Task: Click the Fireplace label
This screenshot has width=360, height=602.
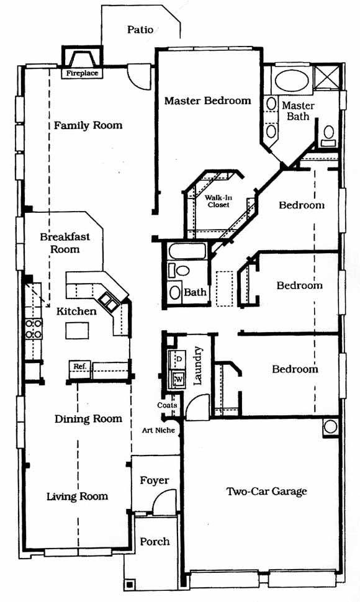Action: pos(82,73)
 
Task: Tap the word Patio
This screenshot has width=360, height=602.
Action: pos(140,30)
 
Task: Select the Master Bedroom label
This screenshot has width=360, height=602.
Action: pos(208,101)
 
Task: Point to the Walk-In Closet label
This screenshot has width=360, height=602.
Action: pos(218,201)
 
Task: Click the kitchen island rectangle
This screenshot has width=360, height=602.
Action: pos(77,330)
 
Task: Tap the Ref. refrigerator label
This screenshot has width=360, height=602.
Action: pos(79,366)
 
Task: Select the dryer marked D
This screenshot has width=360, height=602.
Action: pos(178,359)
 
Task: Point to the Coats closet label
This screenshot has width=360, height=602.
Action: pos(167,405)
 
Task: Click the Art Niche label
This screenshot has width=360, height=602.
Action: pos(158,430)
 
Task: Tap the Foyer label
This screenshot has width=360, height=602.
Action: pos(155,481)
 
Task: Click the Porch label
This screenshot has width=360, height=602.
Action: pos(155,542)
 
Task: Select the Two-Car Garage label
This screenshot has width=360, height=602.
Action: pos(267,492)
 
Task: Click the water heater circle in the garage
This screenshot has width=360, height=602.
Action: pos(330,426)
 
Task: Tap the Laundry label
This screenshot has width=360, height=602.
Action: pos(197,366)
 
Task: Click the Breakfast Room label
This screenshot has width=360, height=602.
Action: pos(65,243)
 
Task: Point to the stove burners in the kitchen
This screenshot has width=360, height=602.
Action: pos(34,329)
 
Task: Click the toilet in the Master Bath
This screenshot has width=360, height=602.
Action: pos(328,135)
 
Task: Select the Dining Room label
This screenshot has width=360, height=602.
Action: pos(88,419)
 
